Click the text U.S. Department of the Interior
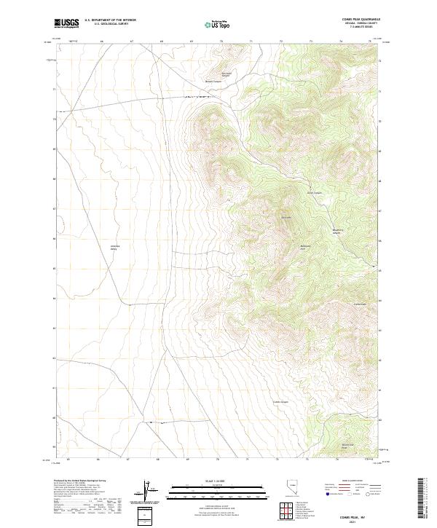click(110, 20)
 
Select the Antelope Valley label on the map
click(114, 247)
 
